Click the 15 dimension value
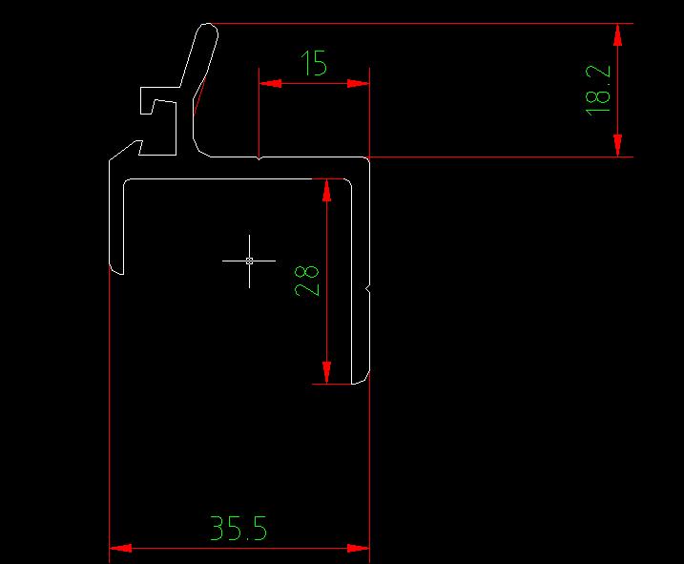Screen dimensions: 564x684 (314, 64)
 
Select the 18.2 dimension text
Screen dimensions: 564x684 (598, 91)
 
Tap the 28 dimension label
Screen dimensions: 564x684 (307, 281)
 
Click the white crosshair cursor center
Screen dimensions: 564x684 (249, 260)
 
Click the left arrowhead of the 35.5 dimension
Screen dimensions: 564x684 (120, 548)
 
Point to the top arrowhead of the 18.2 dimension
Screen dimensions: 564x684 (618, 34)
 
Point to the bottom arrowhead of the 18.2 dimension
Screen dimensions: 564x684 (618, 145)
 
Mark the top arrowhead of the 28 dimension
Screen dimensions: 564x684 (327, 190)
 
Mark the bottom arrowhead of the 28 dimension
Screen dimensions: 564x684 (327, 372)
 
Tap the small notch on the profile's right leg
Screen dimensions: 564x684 (367, 287)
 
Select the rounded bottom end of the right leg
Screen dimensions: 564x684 (360, 381)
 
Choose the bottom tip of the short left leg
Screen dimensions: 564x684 (117, 270)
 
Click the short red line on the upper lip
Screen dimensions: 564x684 (199, 96)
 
